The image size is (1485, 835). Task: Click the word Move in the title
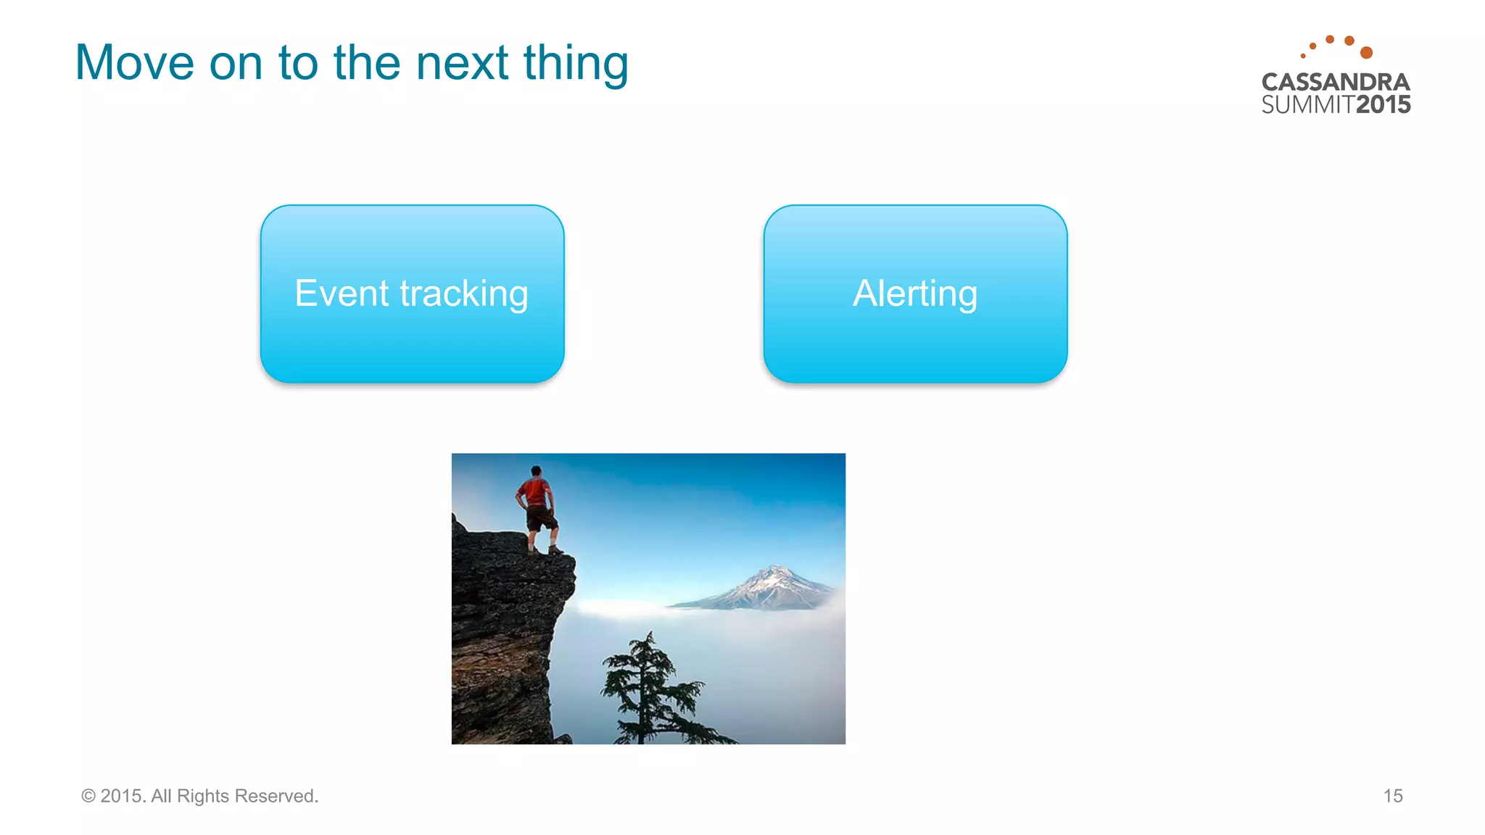[x=135, y=63]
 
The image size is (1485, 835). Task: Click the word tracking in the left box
[x=464, y=294]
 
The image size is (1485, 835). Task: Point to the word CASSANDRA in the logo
[x=1336, y=82]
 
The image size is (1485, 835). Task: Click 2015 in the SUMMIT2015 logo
[x=1383, y=105]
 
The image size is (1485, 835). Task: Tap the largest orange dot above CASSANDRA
[x=1366, y=52]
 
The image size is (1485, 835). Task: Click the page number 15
[x=1392, y=796]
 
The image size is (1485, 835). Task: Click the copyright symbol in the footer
[x=88, y=796]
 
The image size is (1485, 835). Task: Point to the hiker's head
[x=536, y=471]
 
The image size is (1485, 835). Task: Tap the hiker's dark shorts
[x=541, y=518]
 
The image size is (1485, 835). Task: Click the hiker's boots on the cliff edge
[x=554, y=550]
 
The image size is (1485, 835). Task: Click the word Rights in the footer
[x=203, y=796]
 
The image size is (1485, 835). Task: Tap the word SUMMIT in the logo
[x=1307, y=105]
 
